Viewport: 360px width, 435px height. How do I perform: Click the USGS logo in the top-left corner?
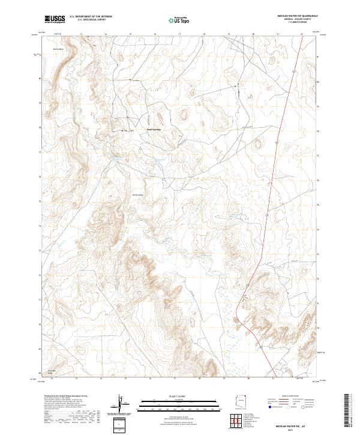55,19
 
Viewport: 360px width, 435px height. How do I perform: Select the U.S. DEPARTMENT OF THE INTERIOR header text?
91,17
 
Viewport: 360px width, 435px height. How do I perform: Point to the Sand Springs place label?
154,129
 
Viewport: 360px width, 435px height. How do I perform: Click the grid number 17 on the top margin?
180,34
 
